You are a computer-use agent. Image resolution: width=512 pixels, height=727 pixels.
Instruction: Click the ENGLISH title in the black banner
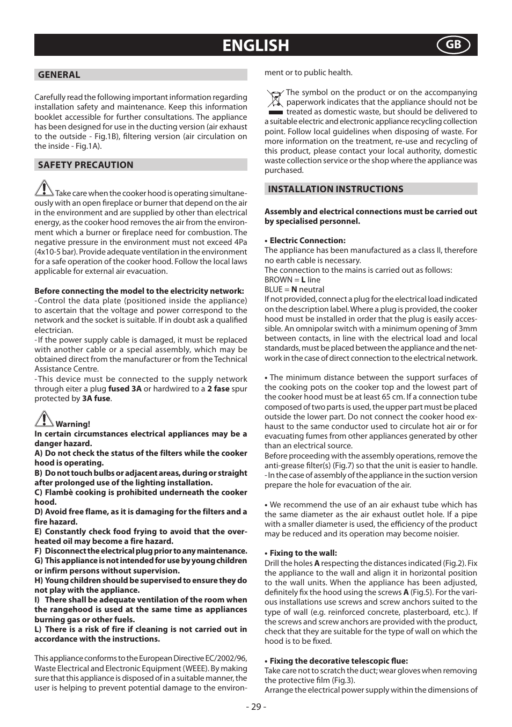point(255,46)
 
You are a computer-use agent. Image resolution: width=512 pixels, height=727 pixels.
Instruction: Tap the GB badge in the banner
point(453,45)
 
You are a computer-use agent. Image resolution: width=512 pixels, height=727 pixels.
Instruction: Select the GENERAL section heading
point(59,75)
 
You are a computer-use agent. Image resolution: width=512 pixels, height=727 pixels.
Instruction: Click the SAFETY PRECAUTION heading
point(85,165)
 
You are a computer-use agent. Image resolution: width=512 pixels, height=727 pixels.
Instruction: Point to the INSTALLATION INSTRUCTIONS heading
point(335,189)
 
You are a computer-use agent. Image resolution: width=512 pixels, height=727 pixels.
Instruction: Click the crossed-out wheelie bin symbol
point(275,102)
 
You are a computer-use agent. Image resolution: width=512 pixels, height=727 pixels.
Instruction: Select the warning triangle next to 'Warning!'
point(44,419)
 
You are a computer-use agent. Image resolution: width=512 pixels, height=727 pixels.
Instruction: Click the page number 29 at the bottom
point(256,707)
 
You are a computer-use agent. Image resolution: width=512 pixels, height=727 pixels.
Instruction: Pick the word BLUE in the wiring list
point(274,289)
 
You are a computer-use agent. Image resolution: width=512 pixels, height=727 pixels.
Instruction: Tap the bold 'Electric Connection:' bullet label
point(308,241)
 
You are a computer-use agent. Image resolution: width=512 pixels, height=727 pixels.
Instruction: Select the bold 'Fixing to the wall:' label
point(303,553)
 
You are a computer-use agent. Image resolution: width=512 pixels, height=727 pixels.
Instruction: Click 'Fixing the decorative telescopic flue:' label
point(339,661)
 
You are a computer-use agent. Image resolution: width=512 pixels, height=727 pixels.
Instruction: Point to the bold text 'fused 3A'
point(125,389)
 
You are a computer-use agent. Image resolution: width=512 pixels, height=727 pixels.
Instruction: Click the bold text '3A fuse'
point(96,398)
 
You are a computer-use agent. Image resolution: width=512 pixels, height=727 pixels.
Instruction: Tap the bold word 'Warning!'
point(73,424)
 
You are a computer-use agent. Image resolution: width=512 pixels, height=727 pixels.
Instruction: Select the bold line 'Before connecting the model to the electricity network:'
point(139,291)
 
